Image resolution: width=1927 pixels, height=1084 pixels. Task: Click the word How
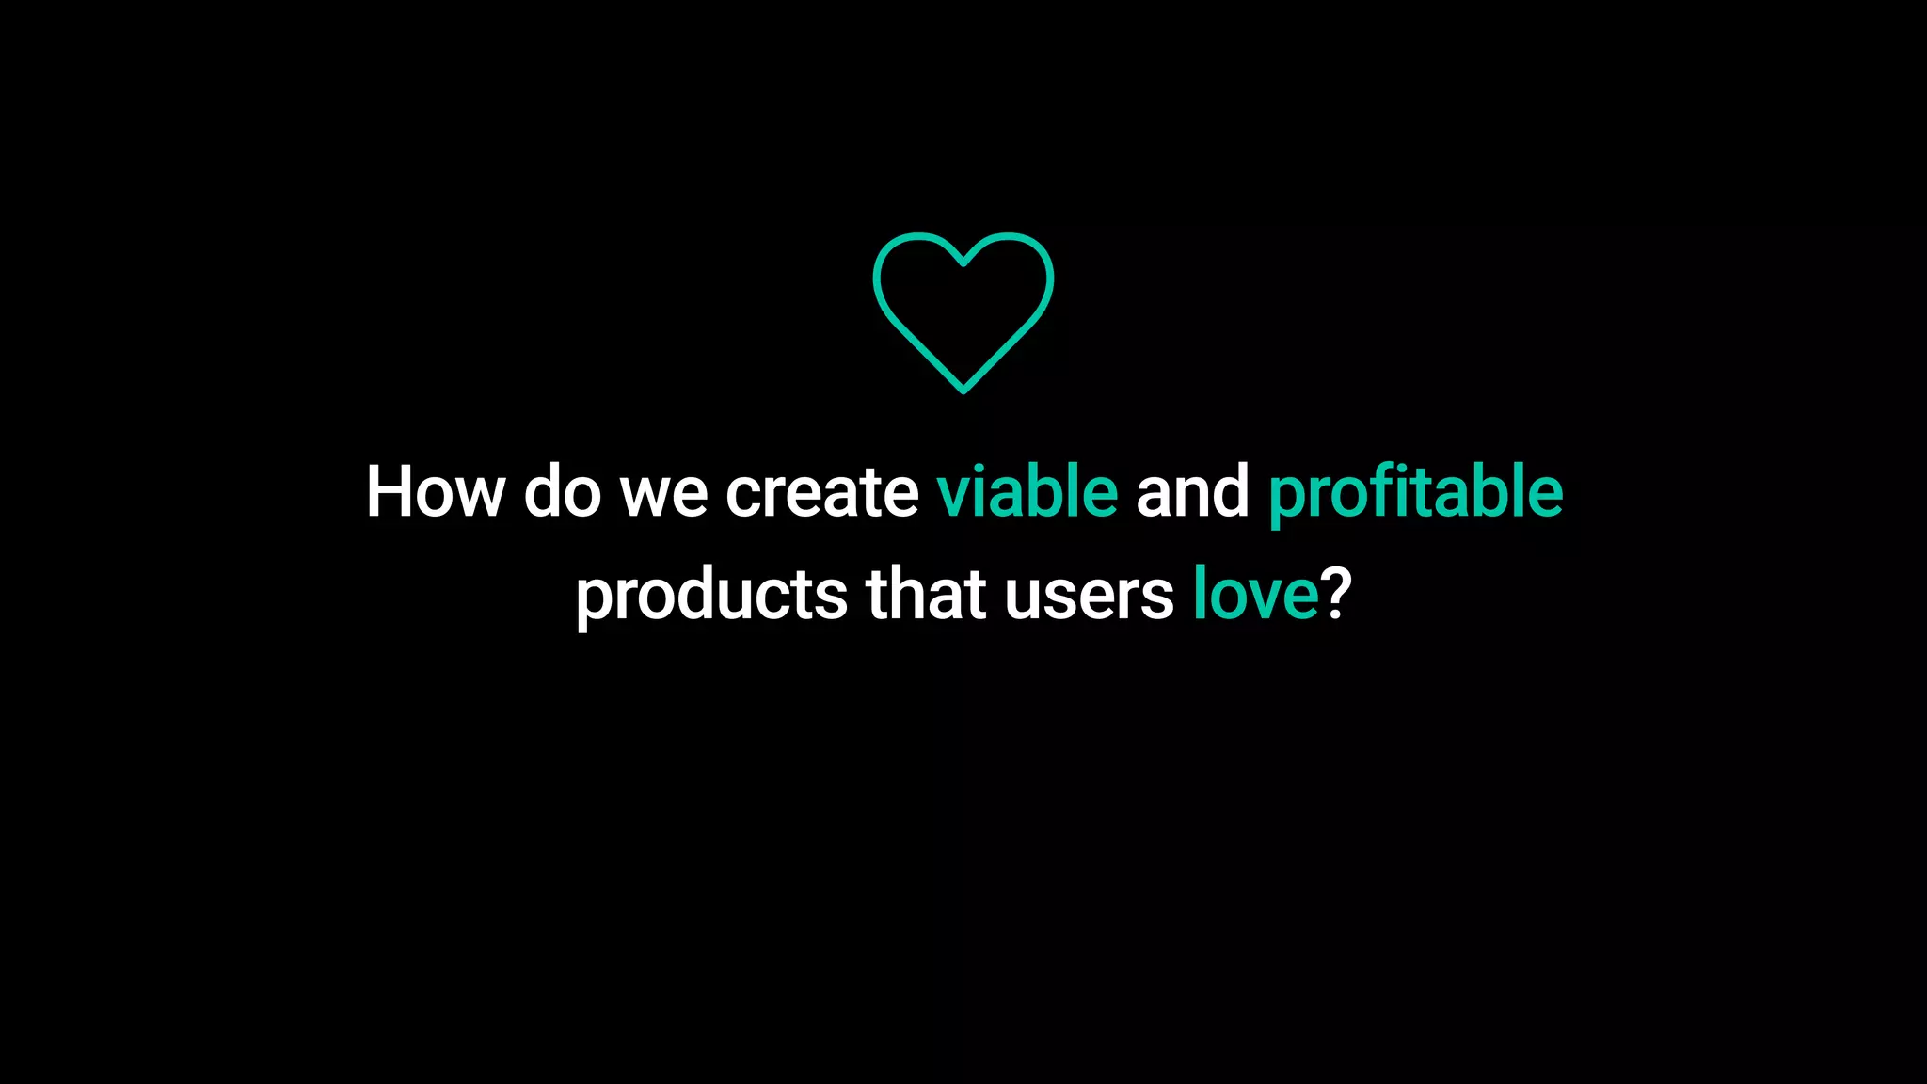pyautogui.click(x=435, y=491)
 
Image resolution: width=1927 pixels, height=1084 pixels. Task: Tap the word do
pyautogui.click(x=562, y=491)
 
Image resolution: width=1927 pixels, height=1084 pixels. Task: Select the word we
pyautogui.click(x=663, y=493)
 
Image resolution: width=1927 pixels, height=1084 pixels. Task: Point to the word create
pyautogui.click(x=821, y=491)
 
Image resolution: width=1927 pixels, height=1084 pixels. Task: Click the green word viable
pyautogui.click(x=1027, y=491)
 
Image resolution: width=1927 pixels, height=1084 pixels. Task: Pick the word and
pyautogui.click(x=1192, y=491)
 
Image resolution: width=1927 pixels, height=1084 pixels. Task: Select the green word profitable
pyautogui.click(x=1415, y=493)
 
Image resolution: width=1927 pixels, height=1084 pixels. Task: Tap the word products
pyautogui.click(x=711, y=596)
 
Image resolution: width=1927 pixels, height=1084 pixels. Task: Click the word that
pyautogui.click(x=925, y=594)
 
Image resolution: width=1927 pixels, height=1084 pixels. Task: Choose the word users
pyautogui.click(x=1089, y=596)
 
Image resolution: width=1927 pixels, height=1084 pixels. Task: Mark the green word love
pyautogui.click(x=1255, y=594)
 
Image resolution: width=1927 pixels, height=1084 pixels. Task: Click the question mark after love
pyautogui.click(x=1336, y=594)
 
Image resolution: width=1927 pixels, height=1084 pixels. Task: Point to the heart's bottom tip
pyautogui.click(x=963, y=389)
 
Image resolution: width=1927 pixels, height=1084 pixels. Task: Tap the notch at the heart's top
pyautogui.click(x=963, y=263)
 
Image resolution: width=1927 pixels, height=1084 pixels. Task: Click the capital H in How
pyautogui.click(x=388, y=491)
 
